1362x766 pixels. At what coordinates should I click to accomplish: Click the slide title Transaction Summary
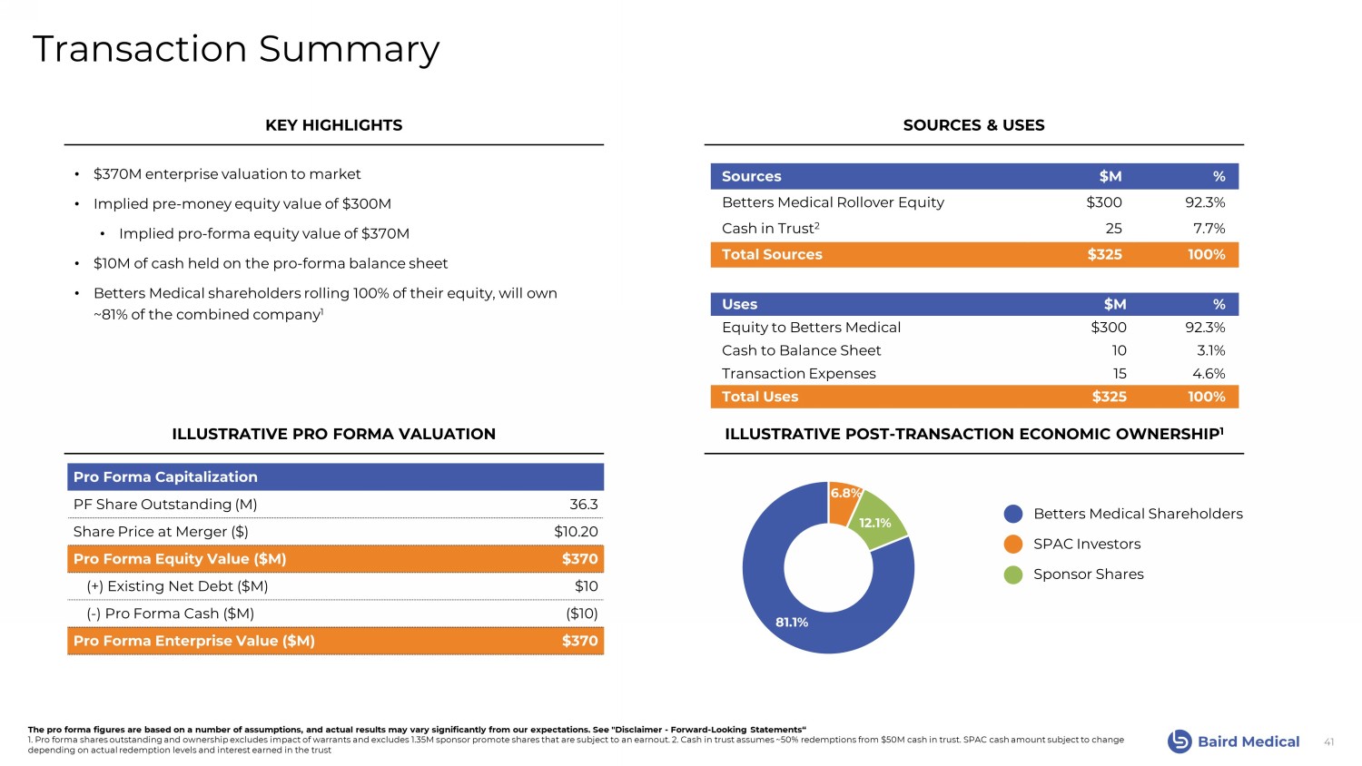[236, 49]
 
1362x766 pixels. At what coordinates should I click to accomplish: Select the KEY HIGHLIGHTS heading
[333, 125]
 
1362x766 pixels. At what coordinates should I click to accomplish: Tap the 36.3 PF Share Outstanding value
[583, 505]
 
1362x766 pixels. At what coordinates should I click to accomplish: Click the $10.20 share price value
[576, 532]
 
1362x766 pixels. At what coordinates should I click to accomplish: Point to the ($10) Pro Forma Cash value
[581, 614]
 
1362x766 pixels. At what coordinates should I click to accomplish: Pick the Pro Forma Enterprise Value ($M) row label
[194, 641]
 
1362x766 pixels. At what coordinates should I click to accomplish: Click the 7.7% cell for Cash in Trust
[1209, 229]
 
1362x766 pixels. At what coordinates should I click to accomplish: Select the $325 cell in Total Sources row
[1104, 255]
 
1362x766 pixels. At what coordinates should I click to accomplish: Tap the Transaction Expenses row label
[798, 374]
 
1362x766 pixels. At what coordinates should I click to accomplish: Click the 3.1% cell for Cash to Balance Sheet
[1210, 350]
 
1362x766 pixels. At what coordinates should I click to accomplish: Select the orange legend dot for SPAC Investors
[1013, 545]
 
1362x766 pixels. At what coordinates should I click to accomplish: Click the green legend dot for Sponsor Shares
[1013, 574]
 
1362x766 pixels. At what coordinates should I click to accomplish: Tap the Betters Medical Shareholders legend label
[1138, 514]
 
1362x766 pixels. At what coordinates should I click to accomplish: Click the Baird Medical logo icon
[1179, 741]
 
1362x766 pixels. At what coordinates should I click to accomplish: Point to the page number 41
[1328, 742]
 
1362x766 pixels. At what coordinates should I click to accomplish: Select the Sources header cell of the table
[751, 177]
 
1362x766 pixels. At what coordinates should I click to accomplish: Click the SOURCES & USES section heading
[973, 125]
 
